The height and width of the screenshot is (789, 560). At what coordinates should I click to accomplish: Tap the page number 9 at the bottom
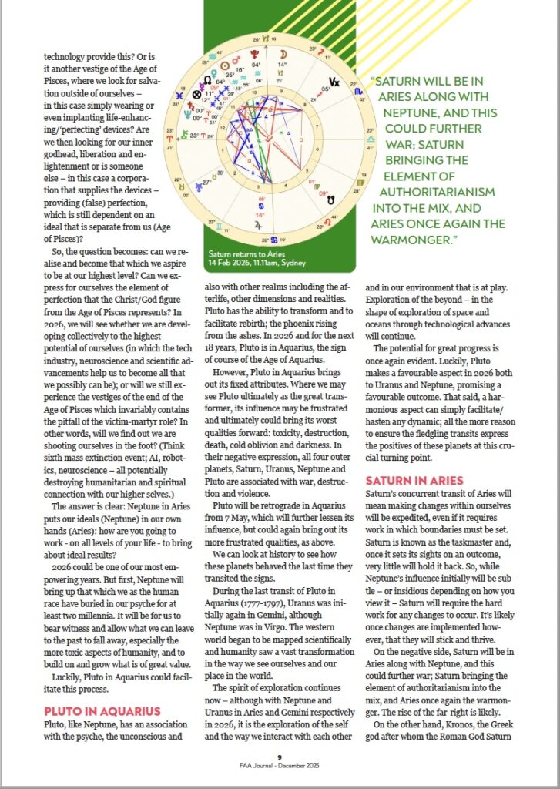[x=280, y=757]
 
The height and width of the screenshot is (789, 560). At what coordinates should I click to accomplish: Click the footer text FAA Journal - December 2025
[x=280, y=766]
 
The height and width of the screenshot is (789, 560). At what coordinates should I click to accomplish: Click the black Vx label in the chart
[x=334, y=81]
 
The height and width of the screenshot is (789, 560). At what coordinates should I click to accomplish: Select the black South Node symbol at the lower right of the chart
[x=331, y=199]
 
